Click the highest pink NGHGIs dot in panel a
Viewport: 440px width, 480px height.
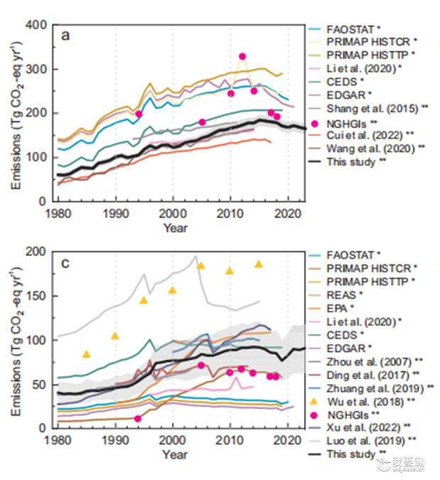pyautogui.click(x=242, y=56)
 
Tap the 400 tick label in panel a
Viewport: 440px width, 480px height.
pyautogui.click(x=36, y=25)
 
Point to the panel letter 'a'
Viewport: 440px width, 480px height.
pyautogui.click(x=65, y=36)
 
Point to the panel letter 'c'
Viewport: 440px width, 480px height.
pyautogui.click(x=65, y=263)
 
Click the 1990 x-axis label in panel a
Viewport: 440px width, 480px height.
pyautogui.click(x=116, y=213)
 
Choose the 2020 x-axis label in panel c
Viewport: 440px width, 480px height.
pyautogui.click(x=287, y=440)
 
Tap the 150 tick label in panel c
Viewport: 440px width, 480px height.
pyautogui.click(x=36, y=296)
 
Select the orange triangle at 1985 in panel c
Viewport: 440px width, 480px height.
pyautogui.click(x=87, y=354)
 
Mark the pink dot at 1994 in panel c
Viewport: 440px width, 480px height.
pyautogui.click(x=138, y=418)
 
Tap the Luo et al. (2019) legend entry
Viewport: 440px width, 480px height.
pyautogui.click(x=363, y=441)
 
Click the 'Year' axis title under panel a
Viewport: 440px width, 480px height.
pyautogui.click(x=176, y=228)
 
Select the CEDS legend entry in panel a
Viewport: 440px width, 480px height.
pyautogui.click(x=336, y=82)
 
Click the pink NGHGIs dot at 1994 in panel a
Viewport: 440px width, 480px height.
pyautogui.click(x=139, y=114)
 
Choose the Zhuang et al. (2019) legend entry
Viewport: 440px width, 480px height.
pyautogui.click(x=371, y=388)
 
